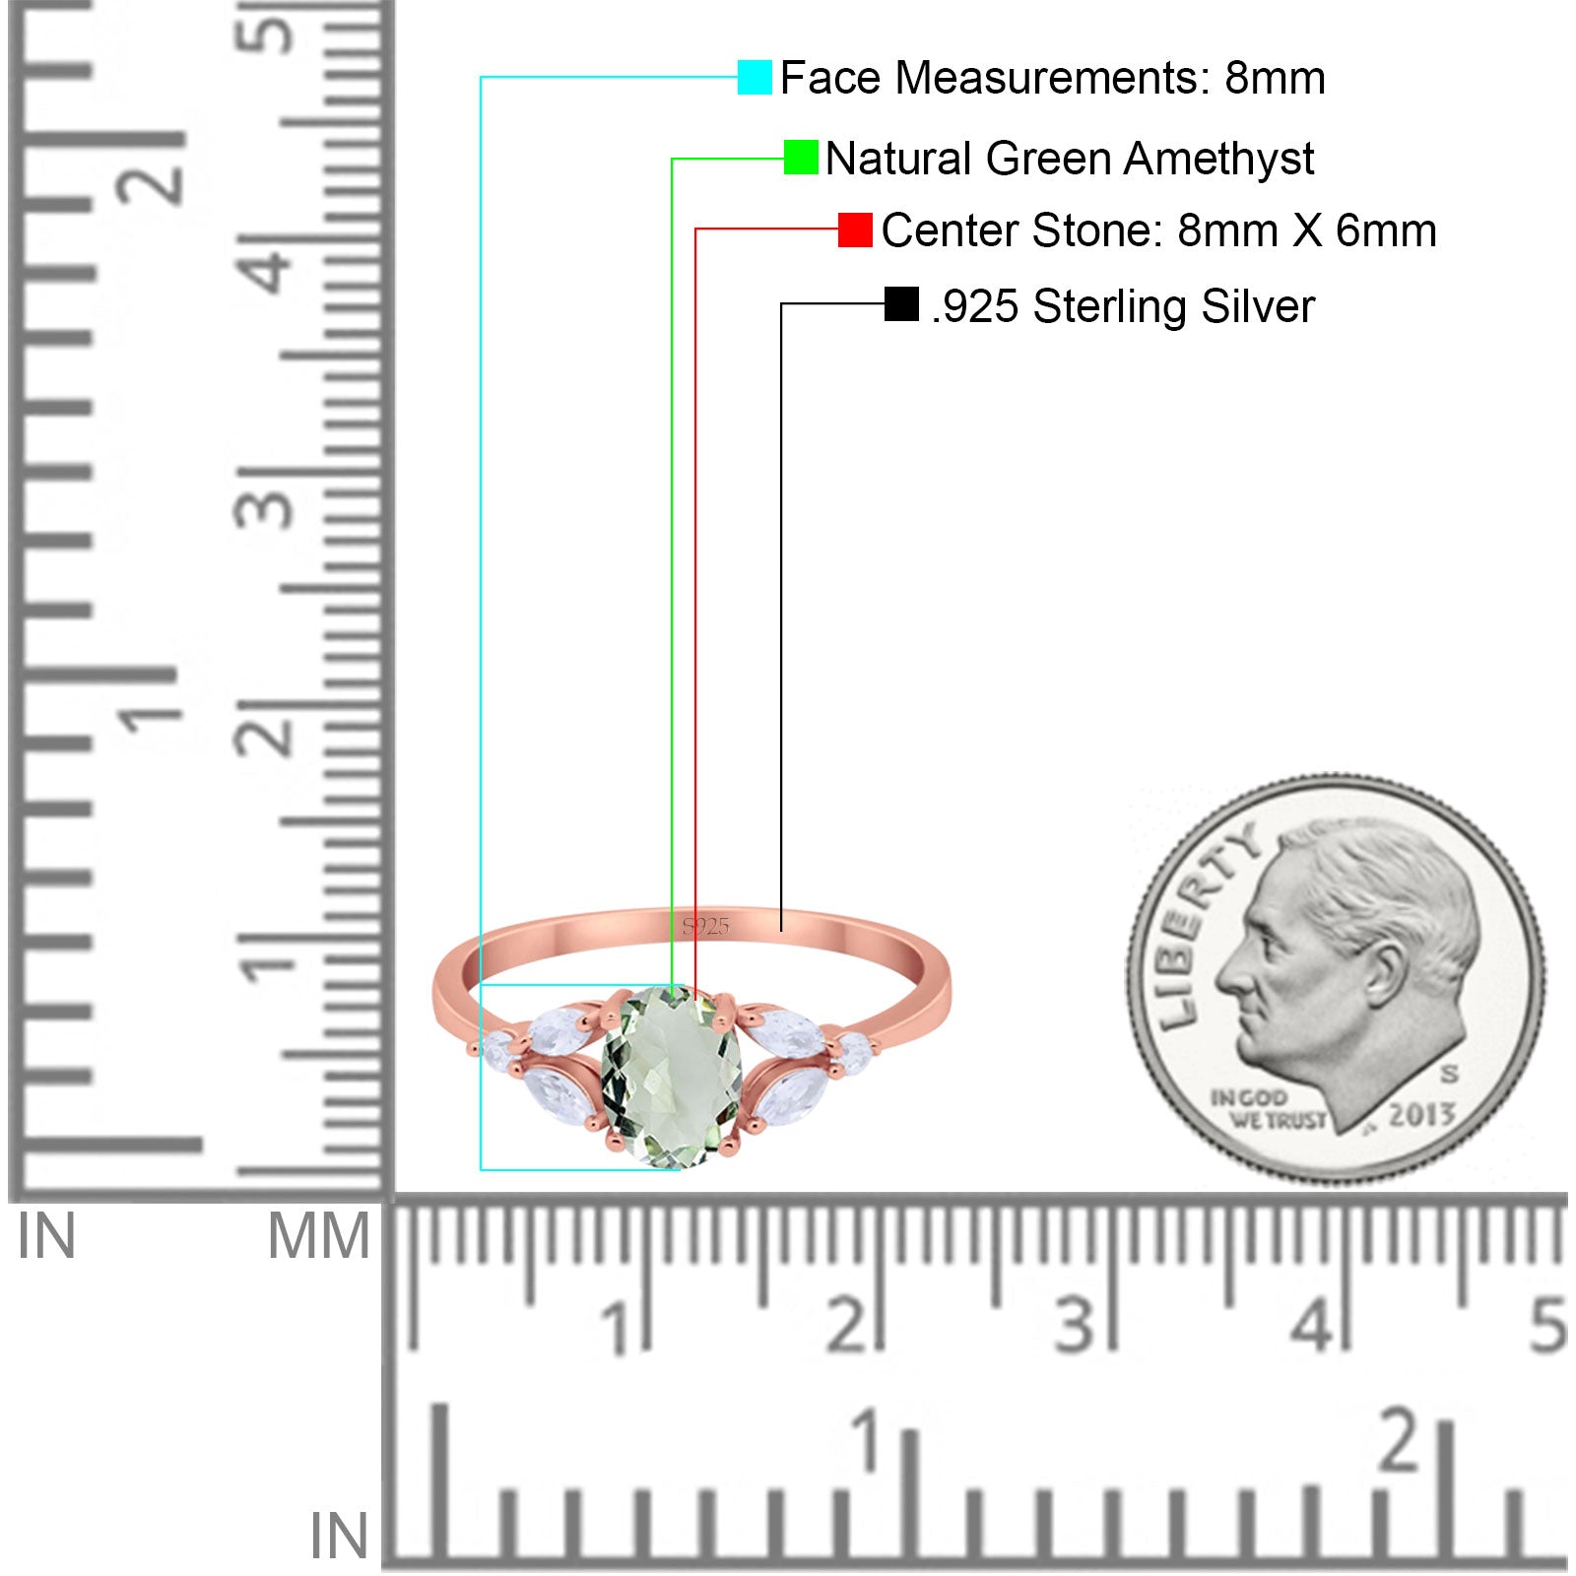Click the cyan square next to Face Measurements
pyautogui.click(x=755, y=77)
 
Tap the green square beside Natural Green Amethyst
pyautogui.click(x=801, y=158)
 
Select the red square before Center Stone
pyautogui.click(x=855, y=230)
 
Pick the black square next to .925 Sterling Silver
pyautogui.click(x=901, y=304)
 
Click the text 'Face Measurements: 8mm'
pyautogui.click(x=1052, y=78)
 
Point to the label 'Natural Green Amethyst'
pyautogui.click(x=1070, y=159)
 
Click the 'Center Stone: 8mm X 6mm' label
pyautogui.click(x=1158, y=230)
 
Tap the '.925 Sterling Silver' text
pyautogui.click(x=1123, y=306)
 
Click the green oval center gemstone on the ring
pyautogui.click(x=670, y=1078)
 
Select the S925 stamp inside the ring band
pyautogui.click(x=705, y=926)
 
